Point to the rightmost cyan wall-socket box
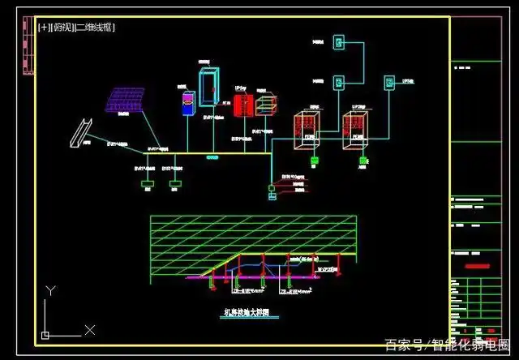[390, 82]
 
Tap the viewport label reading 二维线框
[96, 27]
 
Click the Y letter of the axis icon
[50, 290]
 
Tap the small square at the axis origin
[46, 334]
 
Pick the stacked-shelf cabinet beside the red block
[265, 105]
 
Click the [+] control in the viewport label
[44, 27]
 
